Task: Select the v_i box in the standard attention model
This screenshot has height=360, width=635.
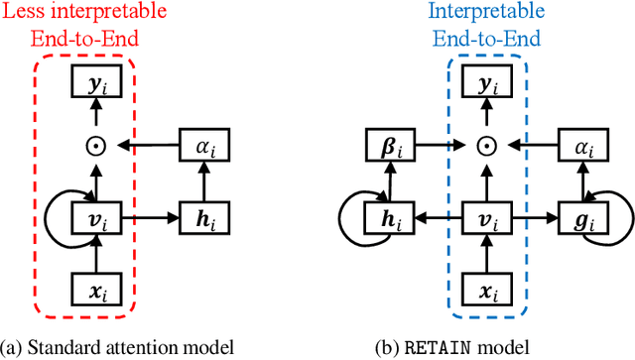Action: click(95, 216)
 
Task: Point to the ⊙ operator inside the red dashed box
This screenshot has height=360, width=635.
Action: click(95, 147)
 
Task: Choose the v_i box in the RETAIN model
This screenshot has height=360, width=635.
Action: click(485, 216)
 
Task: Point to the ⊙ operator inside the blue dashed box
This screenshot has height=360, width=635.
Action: click(485, 147)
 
